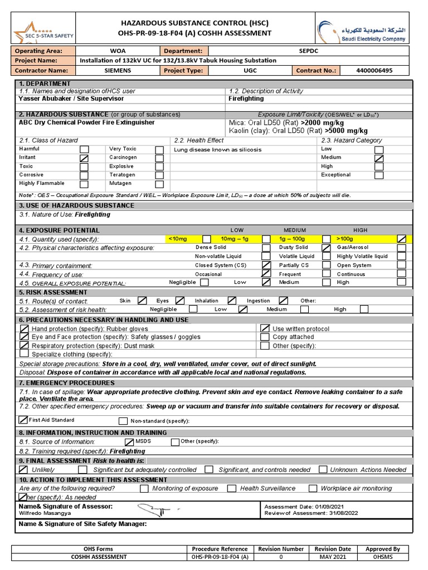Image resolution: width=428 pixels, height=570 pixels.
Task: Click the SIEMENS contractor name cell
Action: point(118,71)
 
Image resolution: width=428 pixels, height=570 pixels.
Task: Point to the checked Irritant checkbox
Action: point(84,158)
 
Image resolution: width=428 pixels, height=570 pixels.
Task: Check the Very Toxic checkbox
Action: point(159,150)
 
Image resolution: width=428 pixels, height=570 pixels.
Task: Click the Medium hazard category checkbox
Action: point(379,158)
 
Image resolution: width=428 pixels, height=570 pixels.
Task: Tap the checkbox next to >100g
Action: point(401,239)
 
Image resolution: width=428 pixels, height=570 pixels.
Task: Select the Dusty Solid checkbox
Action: point(326,248)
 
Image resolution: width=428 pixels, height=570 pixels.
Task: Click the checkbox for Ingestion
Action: point(284,301)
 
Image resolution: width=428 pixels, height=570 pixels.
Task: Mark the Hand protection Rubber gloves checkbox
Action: point(25,329)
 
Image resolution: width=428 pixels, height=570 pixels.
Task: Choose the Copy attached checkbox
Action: point(265,337)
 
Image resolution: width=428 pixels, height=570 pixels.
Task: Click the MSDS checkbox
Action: point(129,442)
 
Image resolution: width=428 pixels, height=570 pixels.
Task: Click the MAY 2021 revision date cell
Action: point(333,557)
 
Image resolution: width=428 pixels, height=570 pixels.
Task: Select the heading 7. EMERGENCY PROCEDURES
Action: point(67,383)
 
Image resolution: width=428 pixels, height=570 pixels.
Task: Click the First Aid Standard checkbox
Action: point(23,420)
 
